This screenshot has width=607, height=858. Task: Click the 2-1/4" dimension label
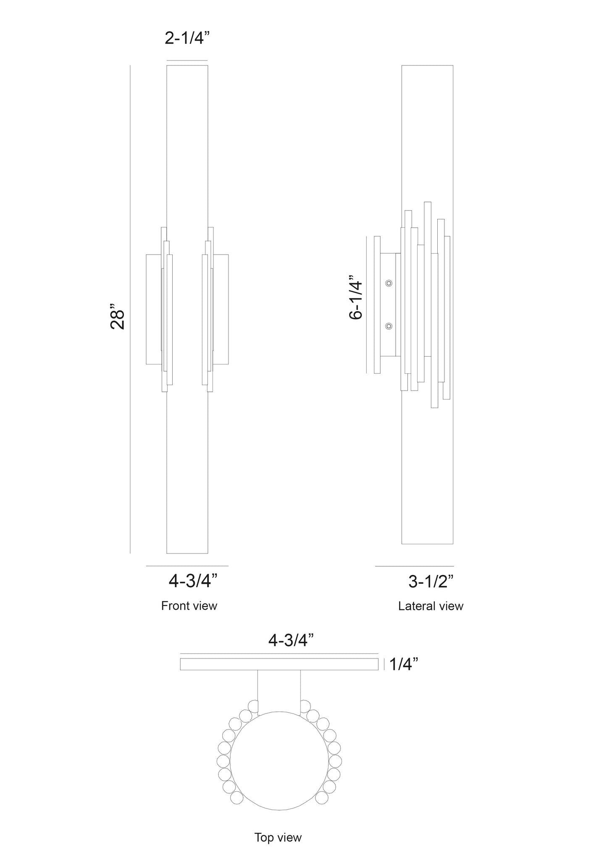[x=187, y=38]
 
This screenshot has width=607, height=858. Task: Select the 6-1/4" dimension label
[x=355, y=297]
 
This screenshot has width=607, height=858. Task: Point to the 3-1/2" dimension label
[x=431, y=582]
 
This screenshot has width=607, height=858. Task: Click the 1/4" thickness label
[x=403, y=664]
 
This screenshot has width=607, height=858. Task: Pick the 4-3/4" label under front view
[x=193, y=581]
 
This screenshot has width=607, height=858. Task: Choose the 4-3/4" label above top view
[x=291, y=640]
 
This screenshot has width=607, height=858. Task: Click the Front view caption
[x=189, y=606]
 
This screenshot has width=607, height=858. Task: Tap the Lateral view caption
[x=431, y=606]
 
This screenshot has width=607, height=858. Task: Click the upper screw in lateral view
[x=389, y=283]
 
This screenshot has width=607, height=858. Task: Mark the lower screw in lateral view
[x=389, y=326]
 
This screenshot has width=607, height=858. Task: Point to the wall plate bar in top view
[x=279, y=664]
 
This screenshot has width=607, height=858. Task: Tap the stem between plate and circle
[x=279, y=689]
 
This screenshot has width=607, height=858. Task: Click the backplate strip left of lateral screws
[x=377, y=304]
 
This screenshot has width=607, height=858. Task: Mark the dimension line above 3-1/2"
[x=414, y=566]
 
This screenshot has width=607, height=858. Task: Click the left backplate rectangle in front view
[x=153, y=309]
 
